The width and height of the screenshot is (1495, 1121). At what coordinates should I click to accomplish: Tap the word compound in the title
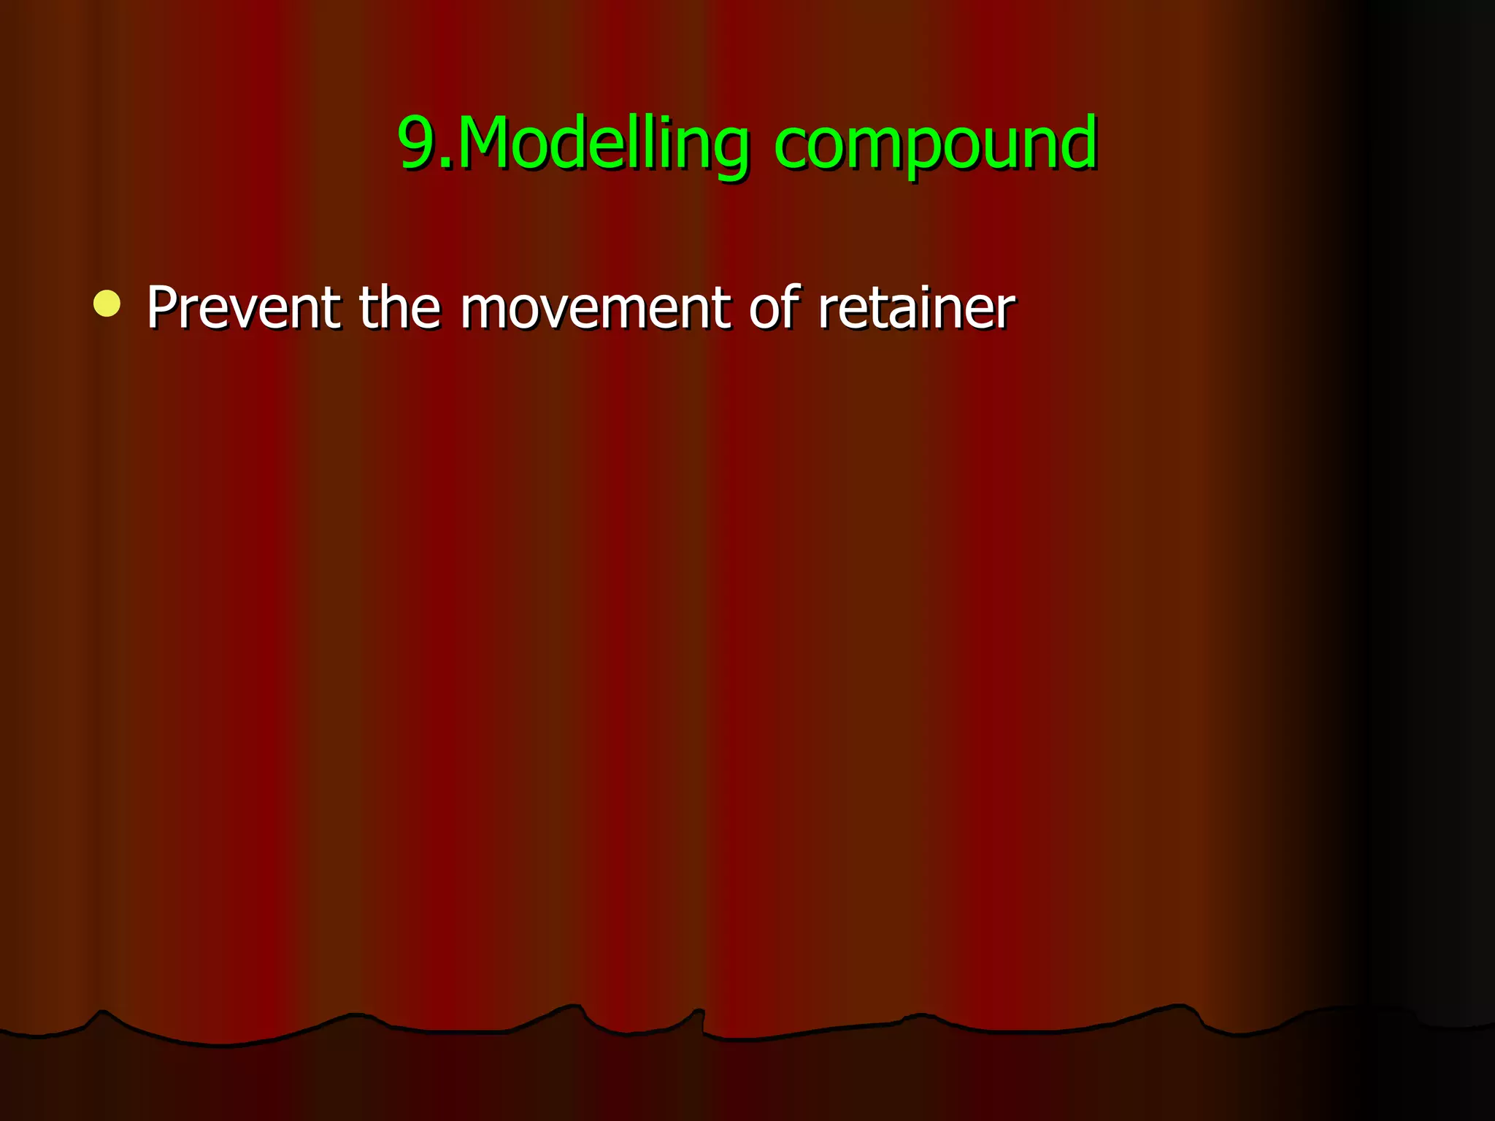click(935, 144)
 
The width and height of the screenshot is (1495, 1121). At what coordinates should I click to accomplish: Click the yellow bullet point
click(107, 304)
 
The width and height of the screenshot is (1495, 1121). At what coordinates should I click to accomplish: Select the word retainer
click(916, 308)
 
